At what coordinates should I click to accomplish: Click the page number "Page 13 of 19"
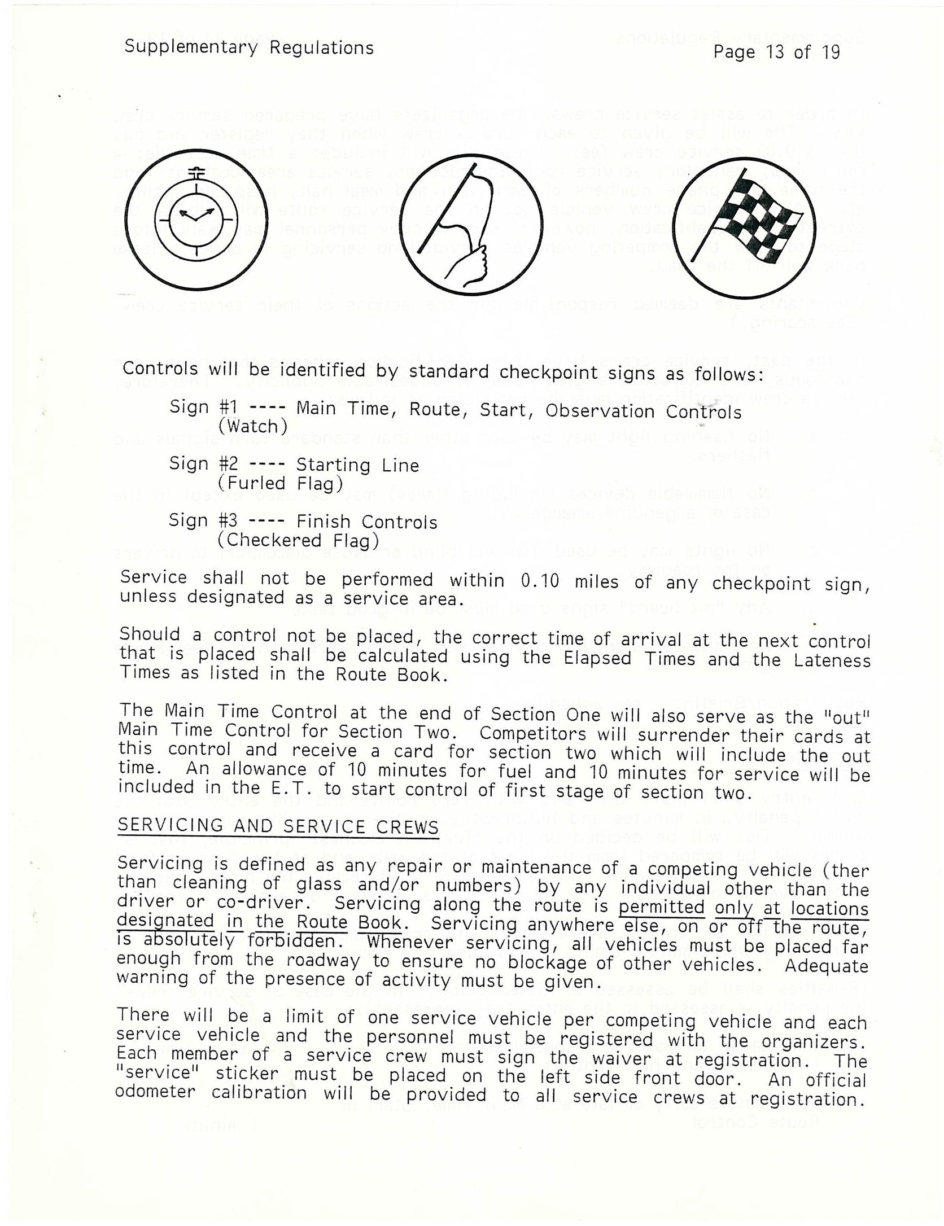[x=776, y=52]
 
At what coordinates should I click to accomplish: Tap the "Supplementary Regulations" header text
[x=249, y=47]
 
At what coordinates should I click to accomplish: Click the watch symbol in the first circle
[x=196, y=217]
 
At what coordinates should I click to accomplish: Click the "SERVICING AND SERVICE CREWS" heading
[x=278, y=826]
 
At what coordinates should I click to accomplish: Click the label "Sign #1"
[x=204, y=407]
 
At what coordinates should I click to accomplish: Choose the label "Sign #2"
[x=204, y=464]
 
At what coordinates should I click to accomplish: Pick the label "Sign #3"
[x=203, y=520]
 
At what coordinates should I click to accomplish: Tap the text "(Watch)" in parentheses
[x=252, y=426]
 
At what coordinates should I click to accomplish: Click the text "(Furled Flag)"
[x=280, y=484]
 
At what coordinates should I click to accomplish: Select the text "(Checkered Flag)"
[x=298, y=541]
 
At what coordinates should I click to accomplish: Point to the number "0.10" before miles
[x=539, y=581]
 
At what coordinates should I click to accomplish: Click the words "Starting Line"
[x=357, y=465]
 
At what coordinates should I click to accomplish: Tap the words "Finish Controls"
[x=367, y=522]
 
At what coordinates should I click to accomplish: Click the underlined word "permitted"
[x=661, y=908]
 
